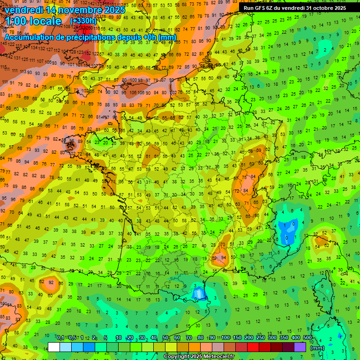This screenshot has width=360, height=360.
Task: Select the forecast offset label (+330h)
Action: click(x=83, y=21)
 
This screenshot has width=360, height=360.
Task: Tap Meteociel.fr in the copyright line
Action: click(x=216, y=357)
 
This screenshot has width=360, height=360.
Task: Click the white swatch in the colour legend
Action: click(x=54, y=347)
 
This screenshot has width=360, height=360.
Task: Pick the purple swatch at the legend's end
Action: click(x=300, y=347)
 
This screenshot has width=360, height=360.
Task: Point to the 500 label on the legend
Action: click(x=307, y=338)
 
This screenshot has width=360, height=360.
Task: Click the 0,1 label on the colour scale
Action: click(x=60, y=338)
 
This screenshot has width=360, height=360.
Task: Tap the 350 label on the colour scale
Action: click(x=284, y=338)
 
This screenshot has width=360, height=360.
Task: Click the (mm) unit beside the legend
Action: click(x=317, y=348)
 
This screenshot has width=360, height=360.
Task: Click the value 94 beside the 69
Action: click(x=224, y=258)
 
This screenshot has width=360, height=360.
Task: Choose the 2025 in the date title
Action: click(x=114, y=10)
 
